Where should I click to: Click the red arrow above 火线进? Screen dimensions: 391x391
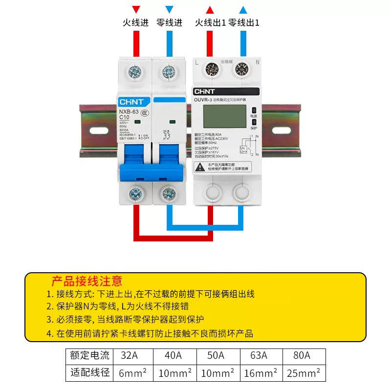(x=136, y=9)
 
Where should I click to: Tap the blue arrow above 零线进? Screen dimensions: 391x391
(x=169, y=9)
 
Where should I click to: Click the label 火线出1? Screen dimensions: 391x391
(x=210, y=22)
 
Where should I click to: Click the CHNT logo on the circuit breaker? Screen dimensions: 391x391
(x=131, y=102)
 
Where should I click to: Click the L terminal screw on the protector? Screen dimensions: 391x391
(x=212, y=69)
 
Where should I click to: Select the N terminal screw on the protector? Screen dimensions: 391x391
(x=241, y=69)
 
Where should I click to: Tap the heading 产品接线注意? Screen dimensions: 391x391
(x=87, y=281)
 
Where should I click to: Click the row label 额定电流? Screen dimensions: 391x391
(x=90, y=355)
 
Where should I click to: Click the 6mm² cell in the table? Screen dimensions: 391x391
(x=132, y=373)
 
